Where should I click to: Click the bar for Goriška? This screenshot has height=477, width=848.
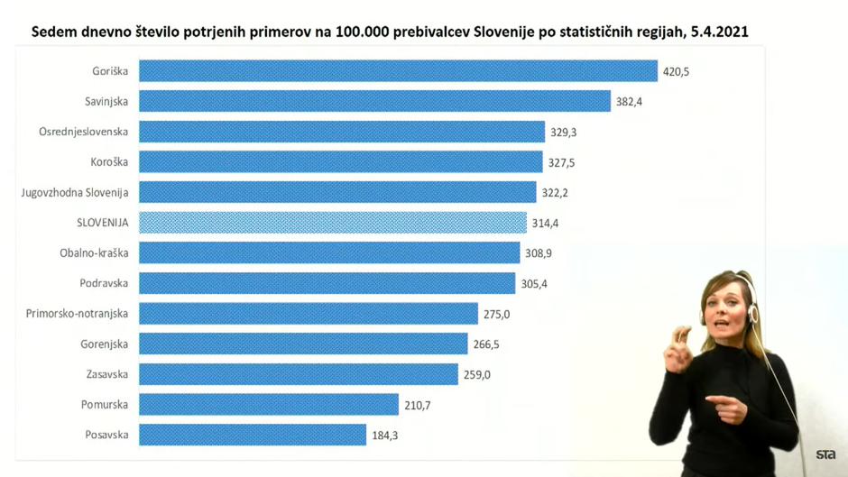pos(398,71)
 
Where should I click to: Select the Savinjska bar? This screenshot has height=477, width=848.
pos(374,101)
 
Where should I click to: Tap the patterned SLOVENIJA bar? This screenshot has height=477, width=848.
pos(333,223)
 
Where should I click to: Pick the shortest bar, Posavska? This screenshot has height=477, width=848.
pos(253,435)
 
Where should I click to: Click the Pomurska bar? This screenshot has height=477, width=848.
pos(269,405)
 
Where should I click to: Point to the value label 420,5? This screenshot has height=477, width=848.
pos(676,71)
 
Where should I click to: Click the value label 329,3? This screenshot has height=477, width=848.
pos(563,132)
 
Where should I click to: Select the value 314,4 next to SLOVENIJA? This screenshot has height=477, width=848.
pos(545,223)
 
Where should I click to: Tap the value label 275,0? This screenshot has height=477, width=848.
pos(496,314)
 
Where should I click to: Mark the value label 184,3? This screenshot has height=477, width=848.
pos(384,436)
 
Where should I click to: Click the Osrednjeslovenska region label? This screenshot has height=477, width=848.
pos(83,132)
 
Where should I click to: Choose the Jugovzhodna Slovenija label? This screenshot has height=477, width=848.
pos(75,192)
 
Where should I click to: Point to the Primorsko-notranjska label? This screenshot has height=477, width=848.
pos(77,314)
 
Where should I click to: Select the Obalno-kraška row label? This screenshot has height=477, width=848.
pos(94,253)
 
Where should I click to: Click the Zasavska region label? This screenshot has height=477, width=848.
pos(106,374)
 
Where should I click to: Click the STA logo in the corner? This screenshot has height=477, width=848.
pos(825,454)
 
